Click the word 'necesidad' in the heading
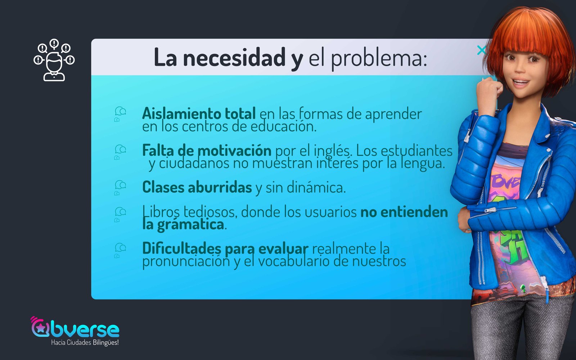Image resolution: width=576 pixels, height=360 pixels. pyautogui.click(x=234, y=58)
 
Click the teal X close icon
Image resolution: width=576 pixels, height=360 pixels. pyautogui.click(x=481, y=50)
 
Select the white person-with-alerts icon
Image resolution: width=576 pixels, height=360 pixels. pyautogui.click(x=54, y=60)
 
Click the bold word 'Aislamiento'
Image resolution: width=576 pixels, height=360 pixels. pyautogui.click(x=181, y=113)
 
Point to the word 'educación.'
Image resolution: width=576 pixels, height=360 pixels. pyautogui.click(x=284, y=126)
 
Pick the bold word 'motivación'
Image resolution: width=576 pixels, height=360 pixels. pyautogui.click(x=234, y=150)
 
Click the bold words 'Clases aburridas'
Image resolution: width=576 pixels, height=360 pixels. pyautogui.click(x=197, y=187)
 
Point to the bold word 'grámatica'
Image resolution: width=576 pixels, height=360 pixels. pyautogui.click(x=190, y=225)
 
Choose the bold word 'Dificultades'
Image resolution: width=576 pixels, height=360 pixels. pyautogui.click(x=181, y=248)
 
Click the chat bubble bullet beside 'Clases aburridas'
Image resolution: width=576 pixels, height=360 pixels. pyautogui.click(x=120, y=188)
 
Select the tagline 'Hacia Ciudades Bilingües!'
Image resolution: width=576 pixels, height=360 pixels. pyautogui.click(x=85, y=343)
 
